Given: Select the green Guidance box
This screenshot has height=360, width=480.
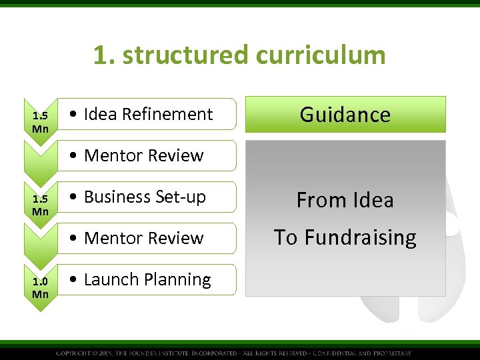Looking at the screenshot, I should (x=345, y=114).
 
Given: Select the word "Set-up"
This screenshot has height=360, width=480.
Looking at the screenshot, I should (x=181, y=197).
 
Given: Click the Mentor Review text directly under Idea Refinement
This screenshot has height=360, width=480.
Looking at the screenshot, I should (x=143, y=155).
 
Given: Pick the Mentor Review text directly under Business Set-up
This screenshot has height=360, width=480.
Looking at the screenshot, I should (x=143, y=238).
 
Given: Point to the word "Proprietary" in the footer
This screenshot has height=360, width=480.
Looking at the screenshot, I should (x=392, y=353).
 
